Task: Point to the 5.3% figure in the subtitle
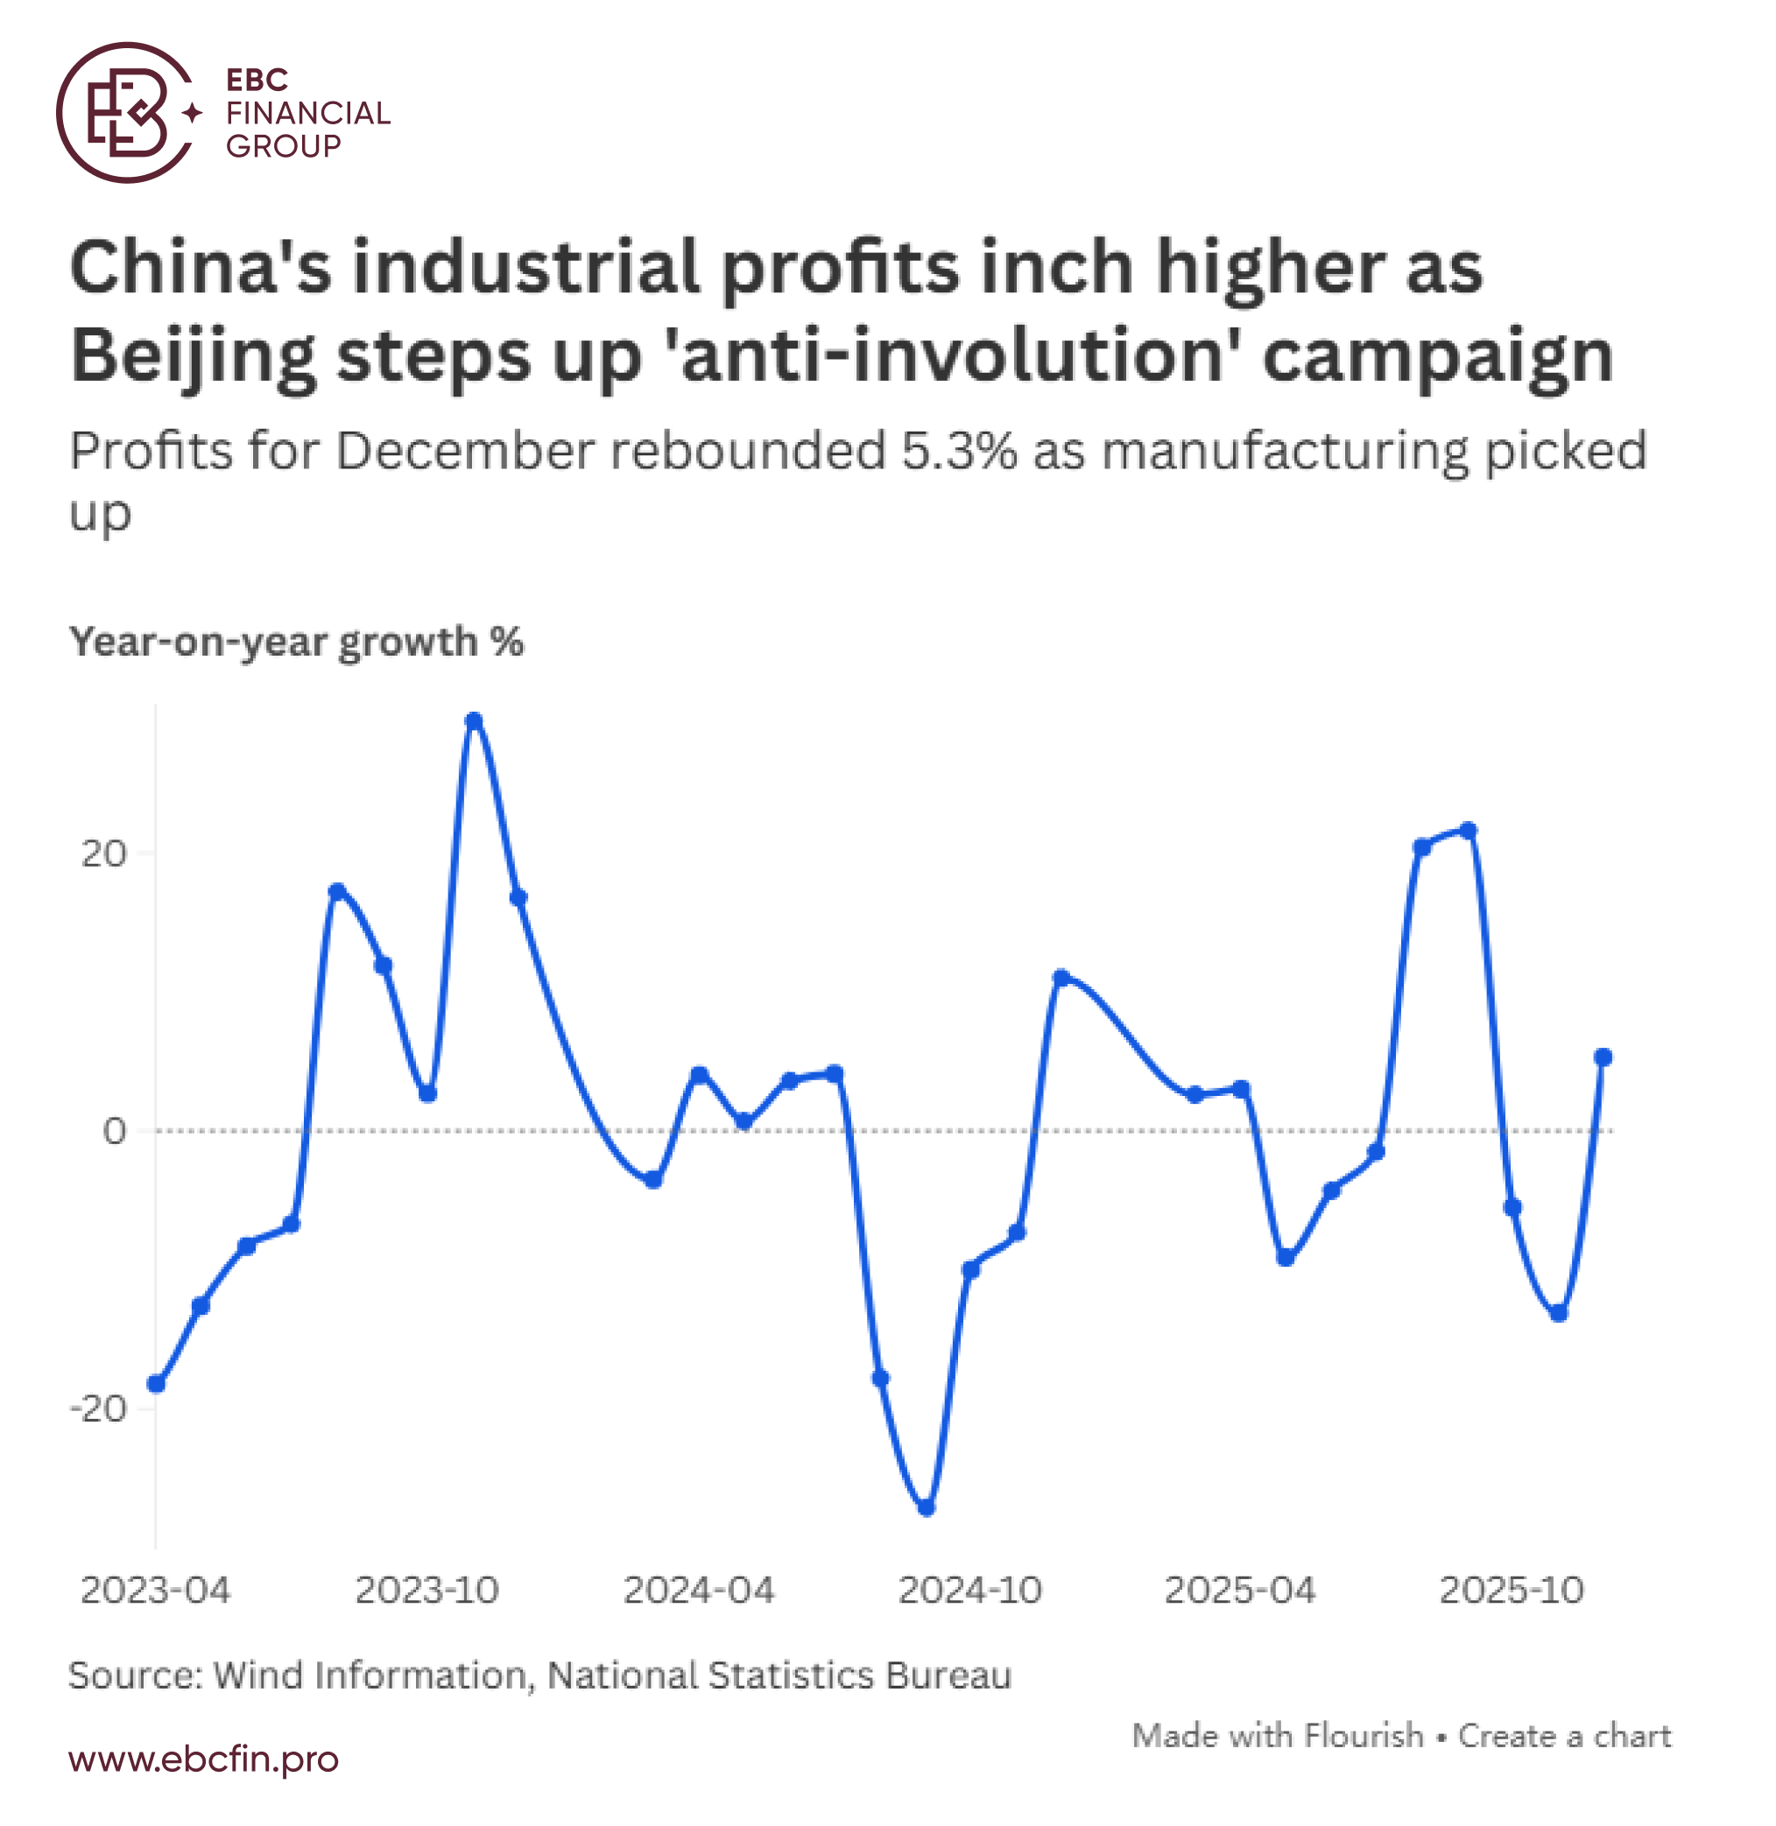tap(958, 452)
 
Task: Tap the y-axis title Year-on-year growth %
tap(297, 642)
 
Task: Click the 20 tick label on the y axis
tap(103, 853)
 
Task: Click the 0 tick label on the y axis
tap(114, 1130)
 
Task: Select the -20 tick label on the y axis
tap(98, 1408)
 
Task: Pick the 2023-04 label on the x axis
tap(155, 1590)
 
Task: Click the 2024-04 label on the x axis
tap(699, 1590)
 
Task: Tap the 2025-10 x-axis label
tap(1512, 1590)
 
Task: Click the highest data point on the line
tap(474, 721)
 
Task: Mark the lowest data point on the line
tap(927, 1507)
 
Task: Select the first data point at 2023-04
tap(157, 1384)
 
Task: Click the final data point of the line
tap(1603, 1057)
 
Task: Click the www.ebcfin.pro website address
tap(203, 1759)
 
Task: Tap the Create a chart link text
tap(1564, 1736)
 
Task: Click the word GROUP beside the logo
tap(284, 146)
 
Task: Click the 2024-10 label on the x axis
tap(970, 1590)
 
